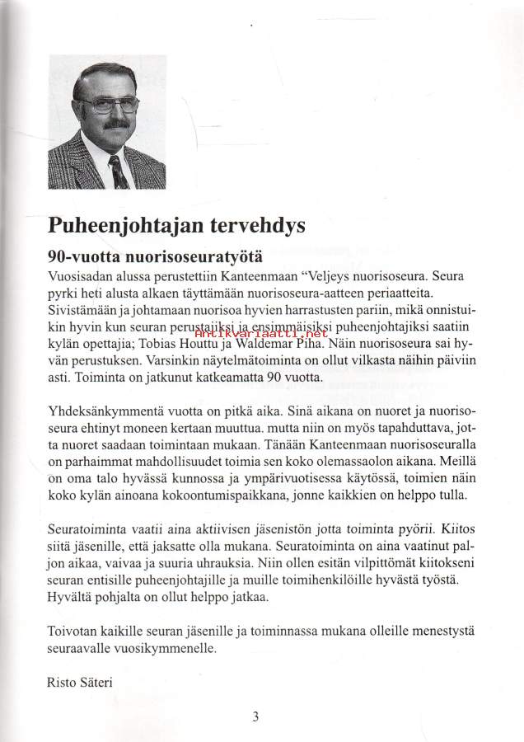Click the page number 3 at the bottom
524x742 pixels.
(256, 716)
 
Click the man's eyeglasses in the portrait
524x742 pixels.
(109, 103)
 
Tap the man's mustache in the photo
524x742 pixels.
(111, 124)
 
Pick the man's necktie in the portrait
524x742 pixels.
(118, 171)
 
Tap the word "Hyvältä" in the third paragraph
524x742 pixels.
(74, 598)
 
